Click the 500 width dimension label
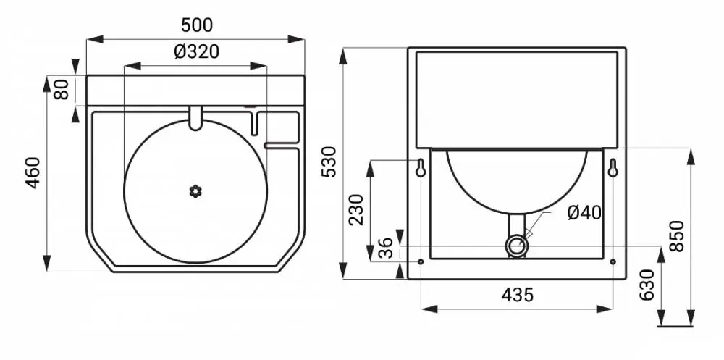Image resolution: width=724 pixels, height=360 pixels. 197,25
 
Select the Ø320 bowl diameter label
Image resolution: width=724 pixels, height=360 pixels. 196,51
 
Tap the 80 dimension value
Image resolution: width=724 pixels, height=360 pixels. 62,89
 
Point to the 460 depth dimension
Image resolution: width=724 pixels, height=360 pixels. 33,173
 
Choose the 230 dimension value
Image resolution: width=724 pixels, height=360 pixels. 356,209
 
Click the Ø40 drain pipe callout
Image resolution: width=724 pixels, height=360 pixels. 584,213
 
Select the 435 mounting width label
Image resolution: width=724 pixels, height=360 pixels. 517,294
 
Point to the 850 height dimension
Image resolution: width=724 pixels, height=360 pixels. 676,235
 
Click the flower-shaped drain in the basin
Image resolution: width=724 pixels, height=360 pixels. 195,191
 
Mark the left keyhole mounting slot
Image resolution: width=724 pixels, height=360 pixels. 421,168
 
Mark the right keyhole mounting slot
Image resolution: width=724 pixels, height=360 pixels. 613,168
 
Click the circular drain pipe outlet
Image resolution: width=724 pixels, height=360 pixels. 517,245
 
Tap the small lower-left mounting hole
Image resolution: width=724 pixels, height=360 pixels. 421,262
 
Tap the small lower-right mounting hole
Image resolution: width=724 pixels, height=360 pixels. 613,262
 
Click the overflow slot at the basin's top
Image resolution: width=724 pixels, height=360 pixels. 195,117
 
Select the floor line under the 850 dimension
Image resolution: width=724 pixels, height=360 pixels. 675,326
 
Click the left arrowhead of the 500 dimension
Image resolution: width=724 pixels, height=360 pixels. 94,39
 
